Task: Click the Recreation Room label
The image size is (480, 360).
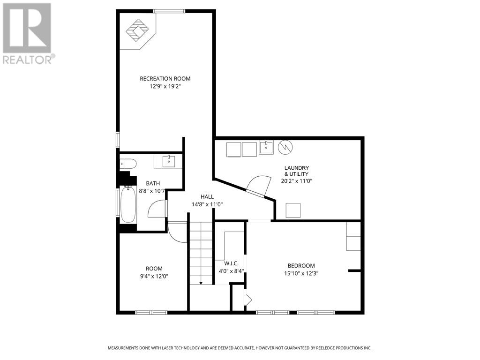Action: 165,79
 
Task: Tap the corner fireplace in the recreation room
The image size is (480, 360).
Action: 138,30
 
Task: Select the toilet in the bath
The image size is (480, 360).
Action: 128,164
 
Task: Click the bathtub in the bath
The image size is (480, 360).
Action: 128,205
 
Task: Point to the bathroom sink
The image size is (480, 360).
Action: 169,161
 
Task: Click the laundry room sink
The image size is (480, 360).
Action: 266,147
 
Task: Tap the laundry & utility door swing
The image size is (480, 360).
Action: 259,186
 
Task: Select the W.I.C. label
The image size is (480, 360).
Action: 231,263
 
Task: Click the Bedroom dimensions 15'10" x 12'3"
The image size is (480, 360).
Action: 301,273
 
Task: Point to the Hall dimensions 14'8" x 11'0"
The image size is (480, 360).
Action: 207,204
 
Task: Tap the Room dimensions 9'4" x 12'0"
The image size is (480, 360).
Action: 154,277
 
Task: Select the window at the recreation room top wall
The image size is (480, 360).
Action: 169,11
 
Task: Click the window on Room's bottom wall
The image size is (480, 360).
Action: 151,313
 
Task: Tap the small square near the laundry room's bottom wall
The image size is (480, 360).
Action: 293,210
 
